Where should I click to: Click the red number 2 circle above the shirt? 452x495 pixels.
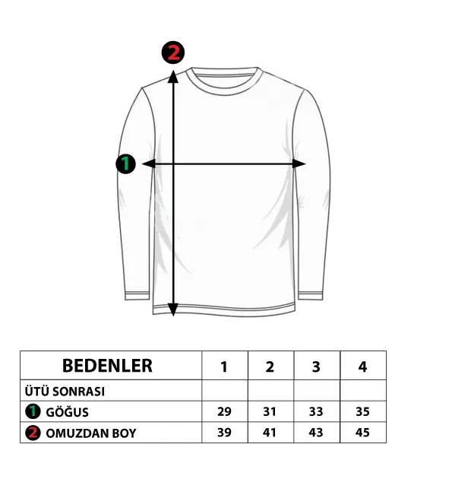[x=173, y=52]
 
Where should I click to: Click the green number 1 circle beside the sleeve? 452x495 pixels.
[x=126, y=163]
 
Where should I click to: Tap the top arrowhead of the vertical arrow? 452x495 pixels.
[x=173, y=77]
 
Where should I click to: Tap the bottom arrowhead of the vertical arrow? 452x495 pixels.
[x=173, y=309]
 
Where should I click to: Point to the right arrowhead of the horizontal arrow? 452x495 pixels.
[x=299, y=163]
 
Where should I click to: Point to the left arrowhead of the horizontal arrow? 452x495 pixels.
[x=149, y=163]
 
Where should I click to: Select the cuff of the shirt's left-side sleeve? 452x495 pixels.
[x=137, y=296]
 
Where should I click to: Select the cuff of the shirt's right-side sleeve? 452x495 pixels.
[x=311, y=296]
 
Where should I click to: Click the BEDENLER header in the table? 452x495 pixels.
[x=107, y=366]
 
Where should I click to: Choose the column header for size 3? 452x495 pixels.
[x=316, y=366]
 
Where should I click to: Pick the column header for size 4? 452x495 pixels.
[x=362, y=366]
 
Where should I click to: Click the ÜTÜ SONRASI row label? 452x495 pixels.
[x=65, y=392]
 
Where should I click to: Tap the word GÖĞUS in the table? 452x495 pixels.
[x=67, y=412]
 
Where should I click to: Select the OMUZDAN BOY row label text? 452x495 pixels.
[x=91, y=433]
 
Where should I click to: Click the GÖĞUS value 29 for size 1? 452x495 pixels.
[x=224, y=411]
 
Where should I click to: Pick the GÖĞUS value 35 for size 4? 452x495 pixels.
[x=362, y=411]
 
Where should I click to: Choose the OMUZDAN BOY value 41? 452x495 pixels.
[x=270, y=433]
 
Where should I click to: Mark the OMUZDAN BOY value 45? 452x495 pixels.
[x=362, y=433]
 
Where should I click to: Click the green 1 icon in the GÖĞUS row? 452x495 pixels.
[x=33, y=411]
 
